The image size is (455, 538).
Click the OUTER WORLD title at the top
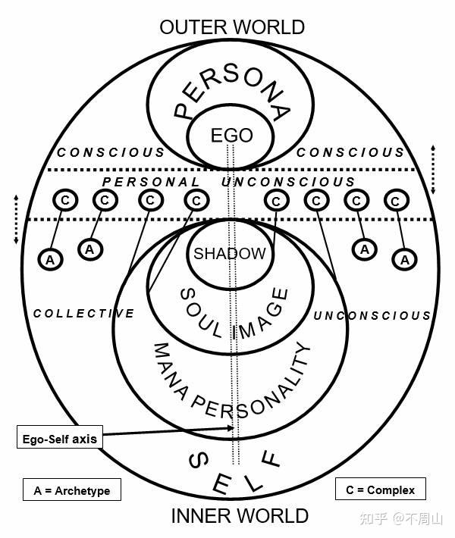pyautogui.click(x=232, y=27)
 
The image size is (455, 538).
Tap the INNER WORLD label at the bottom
pyautogui.click(x=240, y=516)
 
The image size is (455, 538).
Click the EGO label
pyautogui.click(x=232, y=135)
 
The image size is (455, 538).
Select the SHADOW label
pyautogui.click(x=229, y=254)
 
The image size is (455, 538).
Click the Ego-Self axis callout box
pyautogui.click(x=60, y=436)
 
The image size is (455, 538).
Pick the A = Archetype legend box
pyautogui.click(x=72, y=490)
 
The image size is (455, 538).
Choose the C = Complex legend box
pyautogui.click(x=381, y=489)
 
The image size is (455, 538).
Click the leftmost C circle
pyautogui.click(x=65, y=200)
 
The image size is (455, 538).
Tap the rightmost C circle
pyautogui.click(x=396, y=201)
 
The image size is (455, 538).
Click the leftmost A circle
pyautogui.click(x=51, y=260)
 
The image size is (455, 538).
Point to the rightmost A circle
pyautogui.click(x=405, y=260)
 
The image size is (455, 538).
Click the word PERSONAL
pyautogui.click(x=151, y=182)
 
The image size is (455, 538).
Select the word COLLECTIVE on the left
pyautogui.click(x=83, y=313)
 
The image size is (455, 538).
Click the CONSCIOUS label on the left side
pyautogui.click(x=111, y=152)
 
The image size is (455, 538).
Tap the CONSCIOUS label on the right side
pyautogui.click(x=350, y=152)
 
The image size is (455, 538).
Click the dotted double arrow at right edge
pyautogui.click(x=433, y=170)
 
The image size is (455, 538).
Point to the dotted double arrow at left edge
pyautogui.click(x=16, y=219)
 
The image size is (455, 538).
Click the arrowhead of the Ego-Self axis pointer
pyautogui.click(x=232, y=428)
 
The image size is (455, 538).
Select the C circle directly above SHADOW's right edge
pyautogui.click(x=276, y=201)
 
